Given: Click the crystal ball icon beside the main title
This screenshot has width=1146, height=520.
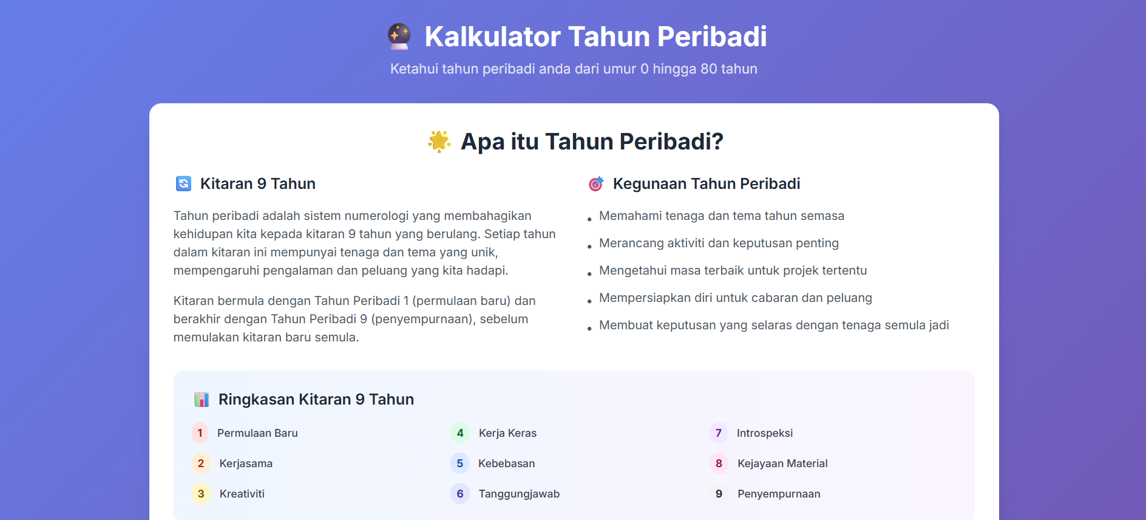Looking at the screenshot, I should tap(399, 36).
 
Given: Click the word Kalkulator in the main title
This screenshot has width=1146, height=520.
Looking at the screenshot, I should tap(492, 36).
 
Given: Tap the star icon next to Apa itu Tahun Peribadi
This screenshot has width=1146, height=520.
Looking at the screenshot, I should tap(439, 142).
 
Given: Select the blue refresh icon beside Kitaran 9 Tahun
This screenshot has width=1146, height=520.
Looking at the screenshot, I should tap(183, 183).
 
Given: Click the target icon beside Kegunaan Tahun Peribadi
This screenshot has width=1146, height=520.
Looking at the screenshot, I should tap(596, 183).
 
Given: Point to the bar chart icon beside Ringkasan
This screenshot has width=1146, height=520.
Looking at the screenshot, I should tap(202, 399).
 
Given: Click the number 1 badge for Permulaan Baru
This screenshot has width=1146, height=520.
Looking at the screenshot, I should tap(200, 433).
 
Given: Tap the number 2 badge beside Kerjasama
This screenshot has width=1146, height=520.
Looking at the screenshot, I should tap(201, 464).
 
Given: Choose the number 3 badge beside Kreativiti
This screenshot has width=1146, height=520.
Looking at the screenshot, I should tap(201, 494).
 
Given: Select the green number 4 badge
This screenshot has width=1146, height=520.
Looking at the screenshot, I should tap(460, 433).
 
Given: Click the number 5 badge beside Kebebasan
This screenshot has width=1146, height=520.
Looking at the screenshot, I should tap(460, 464).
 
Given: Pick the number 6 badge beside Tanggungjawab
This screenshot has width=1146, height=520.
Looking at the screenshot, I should tap(460, 494).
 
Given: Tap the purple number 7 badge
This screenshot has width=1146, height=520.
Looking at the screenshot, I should tap(719, 433).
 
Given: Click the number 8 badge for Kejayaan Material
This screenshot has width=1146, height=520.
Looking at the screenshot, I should tap(719, 464).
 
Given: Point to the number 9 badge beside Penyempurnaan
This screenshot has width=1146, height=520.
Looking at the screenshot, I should tap(719, 494).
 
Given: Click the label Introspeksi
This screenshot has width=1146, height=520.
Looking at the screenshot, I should tap(765, 433).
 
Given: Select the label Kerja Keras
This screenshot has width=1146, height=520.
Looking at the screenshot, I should tap(507, 433).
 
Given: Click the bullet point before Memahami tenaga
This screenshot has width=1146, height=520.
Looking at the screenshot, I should tap(589, 219).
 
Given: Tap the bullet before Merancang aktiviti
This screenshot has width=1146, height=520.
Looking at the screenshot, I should tap(589, 247).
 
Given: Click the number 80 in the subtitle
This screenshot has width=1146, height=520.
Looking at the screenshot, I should tap(709, 69).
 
